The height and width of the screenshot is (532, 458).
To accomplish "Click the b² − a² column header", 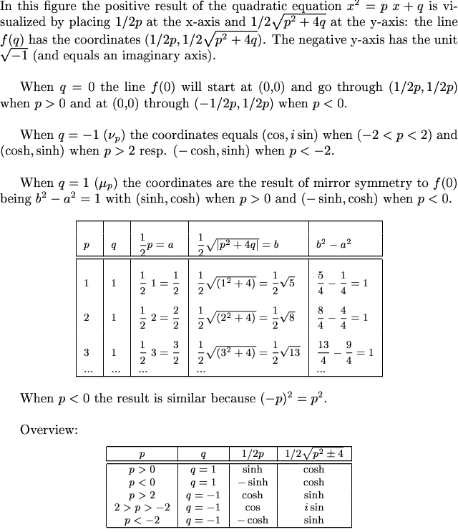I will (x=333, y=244).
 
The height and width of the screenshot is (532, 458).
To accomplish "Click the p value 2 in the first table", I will (x=87, y=317).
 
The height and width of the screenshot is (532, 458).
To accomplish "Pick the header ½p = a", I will (x=157, y=244).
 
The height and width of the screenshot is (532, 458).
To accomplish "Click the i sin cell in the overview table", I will (x=313, y=508).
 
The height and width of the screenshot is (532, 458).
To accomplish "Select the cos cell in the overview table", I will (x=253, y=508).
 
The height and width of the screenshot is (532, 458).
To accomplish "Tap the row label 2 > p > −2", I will (x=142, y=508).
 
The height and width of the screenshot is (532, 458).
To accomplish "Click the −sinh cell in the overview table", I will (x=253, y=482).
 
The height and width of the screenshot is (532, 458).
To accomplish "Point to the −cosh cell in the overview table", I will (x=253, y=521).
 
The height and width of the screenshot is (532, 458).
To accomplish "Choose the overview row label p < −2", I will (x=142, y=521).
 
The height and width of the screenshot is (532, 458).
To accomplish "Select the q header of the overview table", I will (x=203, y=454).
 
